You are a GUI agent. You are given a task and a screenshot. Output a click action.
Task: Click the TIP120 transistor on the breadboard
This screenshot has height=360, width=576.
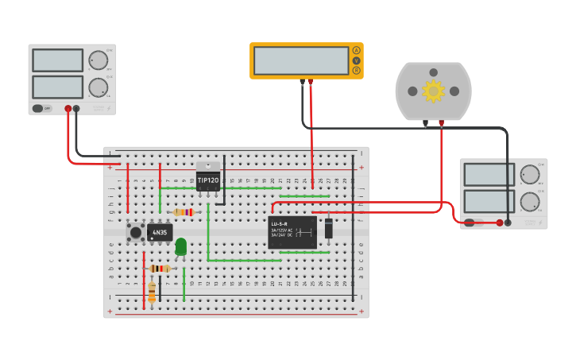pyautogui.click(x=208, y=179)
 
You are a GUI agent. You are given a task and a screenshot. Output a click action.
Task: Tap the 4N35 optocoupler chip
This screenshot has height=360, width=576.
pyautogui.click(x=160, y=233)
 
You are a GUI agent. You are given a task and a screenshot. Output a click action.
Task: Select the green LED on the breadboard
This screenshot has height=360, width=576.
pyautogui.click(x=181, y=246)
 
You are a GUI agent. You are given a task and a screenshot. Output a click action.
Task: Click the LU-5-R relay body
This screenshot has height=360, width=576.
pyautogui.click(x=292, y=232)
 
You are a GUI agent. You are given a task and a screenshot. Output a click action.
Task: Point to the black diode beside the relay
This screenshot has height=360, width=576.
pyautogui.click(x=328, y=229)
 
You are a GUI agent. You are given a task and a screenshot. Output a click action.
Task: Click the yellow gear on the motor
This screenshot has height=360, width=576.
pyautogui.click(x=433, y=91)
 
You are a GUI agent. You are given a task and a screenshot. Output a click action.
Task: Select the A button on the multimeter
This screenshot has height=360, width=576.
pyautogui.click(x=356, y=50)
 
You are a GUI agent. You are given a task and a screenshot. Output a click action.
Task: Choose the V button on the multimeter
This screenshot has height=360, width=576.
pyautogui.click(x=356, y=60)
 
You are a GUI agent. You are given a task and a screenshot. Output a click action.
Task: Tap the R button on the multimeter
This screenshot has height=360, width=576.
pyautogui.click(x=356, y=71)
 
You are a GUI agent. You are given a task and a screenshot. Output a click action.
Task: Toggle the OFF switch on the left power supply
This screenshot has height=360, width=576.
pyautogui.click(x=38, y=108)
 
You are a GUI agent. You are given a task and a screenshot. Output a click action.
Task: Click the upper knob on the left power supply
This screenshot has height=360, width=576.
pyautogui.click(x=98, y=61)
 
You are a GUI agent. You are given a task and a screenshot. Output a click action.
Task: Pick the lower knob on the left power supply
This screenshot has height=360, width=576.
pyautogui.click(x=98, y=87)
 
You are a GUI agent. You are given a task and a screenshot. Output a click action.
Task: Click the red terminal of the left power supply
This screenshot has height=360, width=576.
pyautogui.click(x=68, y=108)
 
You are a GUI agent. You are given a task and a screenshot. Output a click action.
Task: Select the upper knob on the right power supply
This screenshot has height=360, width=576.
pyautogui.click(x=529, y=175)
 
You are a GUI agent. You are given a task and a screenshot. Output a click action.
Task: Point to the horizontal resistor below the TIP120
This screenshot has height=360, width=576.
pyautogui.click(x=183, y=212)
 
